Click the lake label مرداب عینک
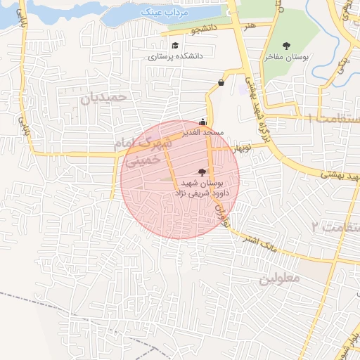point(162,12)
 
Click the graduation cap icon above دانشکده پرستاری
point(174,45)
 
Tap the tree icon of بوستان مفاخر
point(285,45)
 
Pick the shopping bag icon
point(221,83)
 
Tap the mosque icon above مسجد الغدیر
point(203,121)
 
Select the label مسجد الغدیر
point(202,131)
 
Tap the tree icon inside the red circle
point(202,172)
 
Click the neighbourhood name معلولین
point(279,278)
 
